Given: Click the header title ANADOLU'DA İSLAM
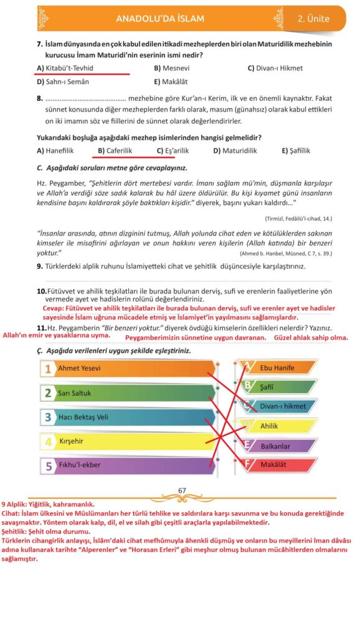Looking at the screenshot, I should pyautogui.click(x=159, y=19).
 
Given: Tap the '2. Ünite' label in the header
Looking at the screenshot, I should pyautogui.click(x=313, y=19).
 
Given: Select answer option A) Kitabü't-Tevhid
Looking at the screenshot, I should pyautogui.click(x=67, y=67).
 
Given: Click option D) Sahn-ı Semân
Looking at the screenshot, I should pyautogui.click(x=63, y=81).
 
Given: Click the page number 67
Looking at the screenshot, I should pyautogui.click(x=182, y=490).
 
